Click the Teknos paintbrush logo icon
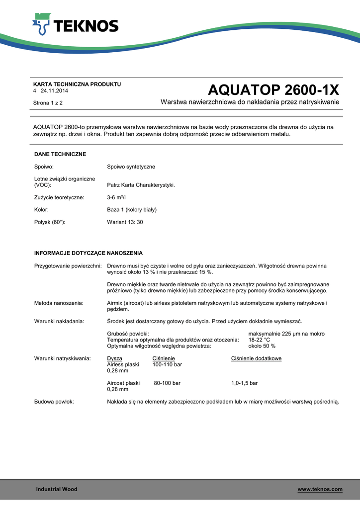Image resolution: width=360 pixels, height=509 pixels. pos(42,24)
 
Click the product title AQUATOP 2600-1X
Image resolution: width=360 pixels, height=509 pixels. pos(273,90)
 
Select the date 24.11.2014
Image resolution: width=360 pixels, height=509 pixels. pos(54,91)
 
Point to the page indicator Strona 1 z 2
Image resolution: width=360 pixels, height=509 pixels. pos(48,103)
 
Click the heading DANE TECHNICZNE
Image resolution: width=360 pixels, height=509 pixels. pos(60,155)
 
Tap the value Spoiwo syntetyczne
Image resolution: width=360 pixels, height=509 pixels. pos(131,167)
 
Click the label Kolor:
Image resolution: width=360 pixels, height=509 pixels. pos(41,210)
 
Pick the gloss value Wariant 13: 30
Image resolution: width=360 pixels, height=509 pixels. pos(125,222)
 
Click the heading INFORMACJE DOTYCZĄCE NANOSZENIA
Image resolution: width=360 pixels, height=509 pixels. pos(89,253)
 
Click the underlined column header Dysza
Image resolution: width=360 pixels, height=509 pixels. pos(114,358)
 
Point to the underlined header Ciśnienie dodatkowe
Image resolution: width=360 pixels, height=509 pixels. pos(256,358)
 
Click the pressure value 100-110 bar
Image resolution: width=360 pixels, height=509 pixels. pos(167,365)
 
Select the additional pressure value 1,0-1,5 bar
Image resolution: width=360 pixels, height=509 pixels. pos(244,383)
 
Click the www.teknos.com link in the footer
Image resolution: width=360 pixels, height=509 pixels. pos(320,490)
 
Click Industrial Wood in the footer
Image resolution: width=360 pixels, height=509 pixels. pos(57,490)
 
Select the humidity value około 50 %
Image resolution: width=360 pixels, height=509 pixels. pos(262,346)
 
